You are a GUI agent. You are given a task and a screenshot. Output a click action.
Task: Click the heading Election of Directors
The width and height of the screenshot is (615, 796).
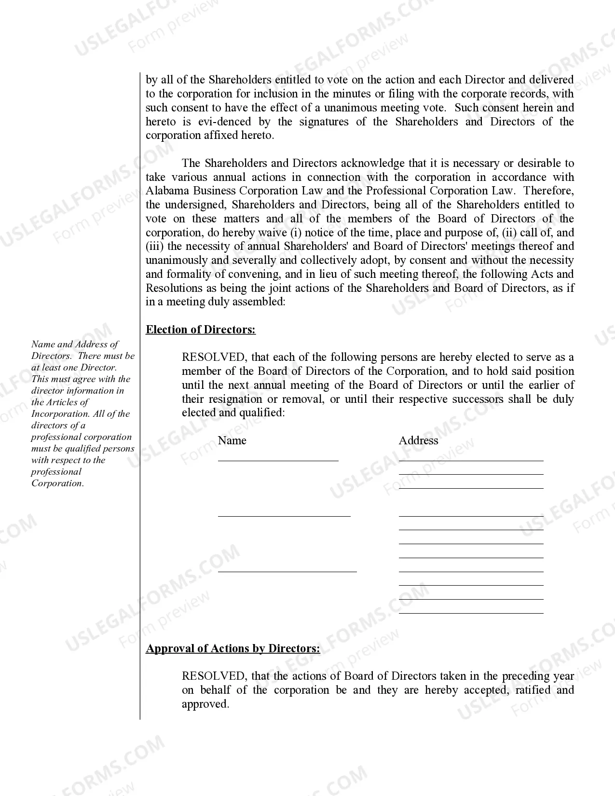(x=201, y=329)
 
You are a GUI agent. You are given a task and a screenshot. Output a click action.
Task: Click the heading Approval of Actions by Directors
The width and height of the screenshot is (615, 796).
(x=232, y=648)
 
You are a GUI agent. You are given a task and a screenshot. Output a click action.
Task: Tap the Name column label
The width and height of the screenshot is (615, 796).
(x=232, y=440)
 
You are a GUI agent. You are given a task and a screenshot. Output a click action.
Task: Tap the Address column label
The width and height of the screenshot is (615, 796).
(x=418, y=440)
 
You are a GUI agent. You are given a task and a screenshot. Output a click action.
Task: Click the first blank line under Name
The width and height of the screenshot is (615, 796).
(x=278, y=460)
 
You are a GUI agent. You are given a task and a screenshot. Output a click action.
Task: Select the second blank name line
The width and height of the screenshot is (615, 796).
(x=284, y=516)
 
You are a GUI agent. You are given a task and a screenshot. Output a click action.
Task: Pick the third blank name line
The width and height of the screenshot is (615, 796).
(x=287, y=571)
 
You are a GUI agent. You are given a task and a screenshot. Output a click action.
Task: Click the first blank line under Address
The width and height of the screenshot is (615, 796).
(x=471, y=460)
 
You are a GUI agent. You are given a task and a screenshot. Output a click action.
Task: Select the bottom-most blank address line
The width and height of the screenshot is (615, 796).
(x=471, y=613)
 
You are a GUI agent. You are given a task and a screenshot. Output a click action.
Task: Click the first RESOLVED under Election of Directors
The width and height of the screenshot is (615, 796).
(x=214, y=357)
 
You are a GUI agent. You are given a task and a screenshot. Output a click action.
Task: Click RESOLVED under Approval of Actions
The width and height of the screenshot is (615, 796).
(x=214, y=676)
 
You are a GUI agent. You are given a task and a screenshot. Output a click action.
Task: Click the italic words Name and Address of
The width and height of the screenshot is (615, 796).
(x=75, y=344)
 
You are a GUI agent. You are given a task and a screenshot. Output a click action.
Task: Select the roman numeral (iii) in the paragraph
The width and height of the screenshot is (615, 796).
(x=154, y=247)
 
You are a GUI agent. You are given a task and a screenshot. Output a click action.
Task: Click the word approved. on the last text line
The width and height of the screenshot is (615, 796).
(x=205, y=704)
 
